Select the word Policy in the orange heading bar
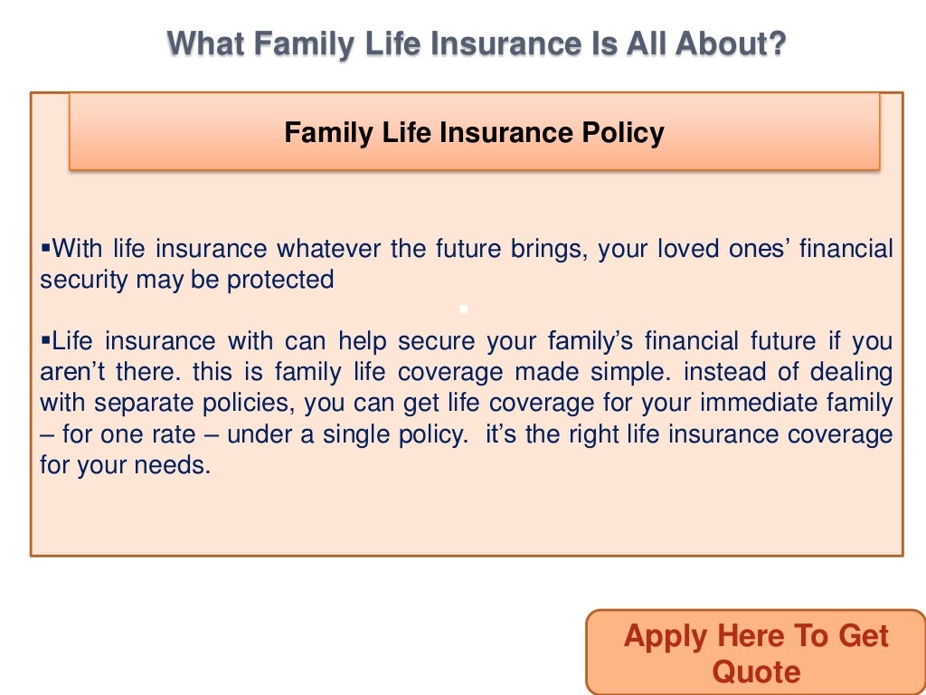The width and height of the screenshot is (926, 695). [x=622, y=133]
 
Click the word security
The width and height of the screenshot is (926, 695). [x=84, y=280]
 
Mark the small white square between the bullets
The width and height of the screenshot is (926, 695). [x=463, y=309]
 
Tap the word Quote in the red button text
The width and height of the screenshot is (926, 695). [x=756, y=671]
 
